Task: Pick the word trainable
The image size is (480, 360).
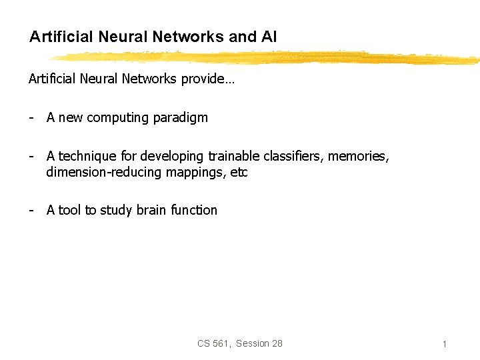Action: pos(233,157)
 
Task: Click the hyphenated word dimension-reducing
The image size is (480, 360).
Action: pos(103,173)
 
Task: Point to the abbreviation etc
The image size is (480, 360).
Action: pos(239,173)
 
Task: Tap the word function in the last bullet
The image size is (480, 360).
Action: pos(194,211)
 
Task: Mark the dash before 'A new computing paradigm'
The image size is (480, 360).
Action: pos(31,118)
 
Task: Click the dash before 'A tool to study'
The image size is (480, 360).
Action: pos(31,211)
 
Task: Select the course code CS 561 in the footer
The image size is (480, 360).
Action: pos(213,343)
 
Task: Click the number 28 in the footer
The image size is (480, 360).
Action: pos(277,343)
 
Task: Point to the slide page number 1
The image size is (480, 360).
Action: pos(444,345)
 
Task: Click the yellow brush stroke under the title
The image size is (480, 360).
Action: pos(267,57)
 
